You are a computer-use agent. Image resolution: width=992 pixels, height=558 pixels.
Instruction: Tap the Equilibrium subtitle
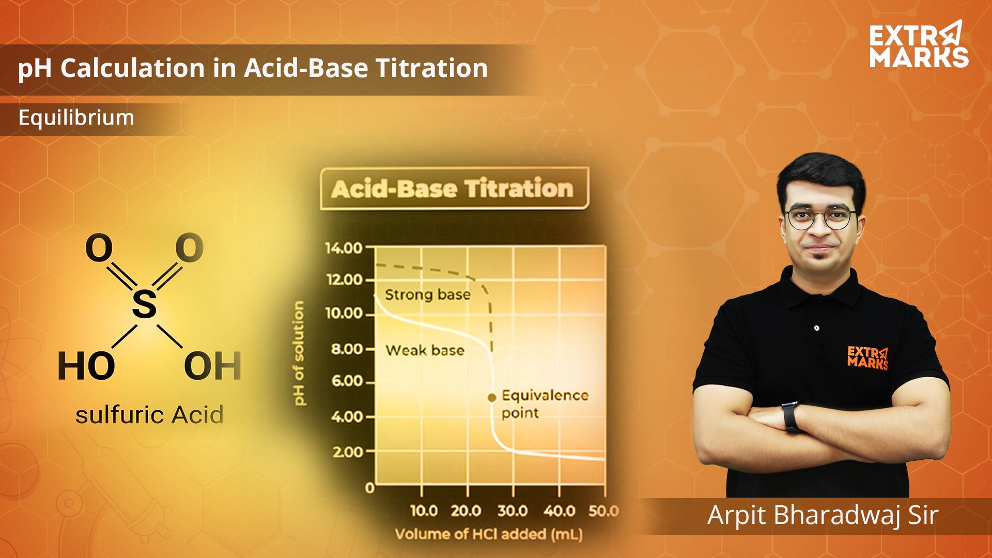[76, 118]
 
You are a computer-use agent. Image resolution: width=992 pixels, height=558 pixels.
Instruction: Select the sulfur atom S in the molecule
[144, 304]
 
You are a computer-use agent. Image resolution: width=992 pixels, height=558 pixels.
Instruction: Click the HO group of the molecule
[86, 366]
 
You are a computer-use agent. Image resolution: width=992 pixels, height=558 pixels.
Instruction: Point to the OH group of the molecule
[213, 366]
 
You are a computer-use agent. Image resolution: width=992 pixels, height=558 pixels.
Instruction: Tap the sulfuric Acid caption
[149, 414]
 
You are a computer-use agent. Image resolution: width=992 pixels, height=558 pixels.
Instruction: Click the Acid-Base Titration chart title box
[455, 189]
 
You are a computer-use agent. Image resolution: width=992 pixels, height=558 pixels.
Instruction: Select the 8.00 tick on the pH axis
[347, 349]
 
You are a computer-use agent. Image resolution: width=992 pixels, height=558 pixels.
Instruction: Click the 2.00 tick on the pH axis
[348, 452]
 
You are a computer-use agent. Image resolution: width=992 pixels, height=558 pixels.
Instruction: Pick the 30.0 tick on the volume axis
[513, 511]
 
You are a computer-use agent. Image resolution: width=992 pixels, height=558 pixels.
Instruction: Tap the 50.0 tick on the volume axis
[604, 511]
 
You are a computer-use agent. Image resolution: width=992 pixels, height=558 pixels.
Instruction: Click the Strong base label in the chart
[428, 295]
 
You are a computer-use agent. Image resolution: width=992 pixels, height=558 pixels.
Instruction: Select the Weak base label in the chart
[425, 350]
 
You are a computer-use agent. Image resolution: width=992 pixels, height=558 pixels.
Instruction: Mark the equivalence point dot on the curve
[492, 397]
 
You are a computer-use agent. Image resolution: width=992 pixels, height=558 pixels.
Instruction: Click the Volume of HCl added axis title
[489, 534]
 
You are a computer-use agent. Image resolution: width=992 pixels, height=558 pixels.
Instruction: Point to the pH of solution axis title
[299, 353]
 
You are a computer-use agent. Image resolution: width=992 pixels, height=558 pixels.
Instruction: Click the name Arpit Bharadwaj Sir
[823, 516]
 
